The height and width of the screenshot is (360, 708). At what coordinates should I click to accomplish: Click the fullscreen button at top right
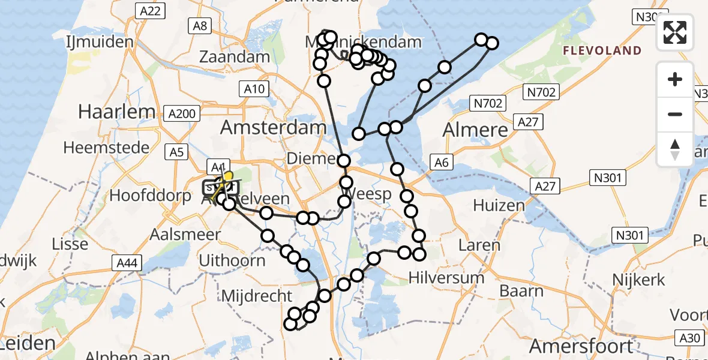tap(675, 32)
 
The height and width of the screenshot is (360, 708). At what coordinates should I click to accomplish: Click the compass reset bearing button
tap(675, 149)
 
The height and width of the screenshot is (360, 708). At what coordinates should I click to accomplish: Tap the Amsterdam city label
tap(274, 127)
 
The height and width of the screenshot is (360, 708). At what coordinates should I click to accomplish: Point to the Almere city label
tap(475, 130)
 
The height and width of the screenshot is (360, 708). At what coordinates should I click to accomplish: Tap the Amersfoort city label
tap(581, 346)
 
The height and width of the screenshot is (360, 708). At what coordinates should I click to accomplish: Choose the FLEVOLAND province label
tap(602, 51)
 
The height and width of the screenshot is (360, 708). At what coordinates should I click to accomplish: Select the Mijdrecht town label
tap(257, 296)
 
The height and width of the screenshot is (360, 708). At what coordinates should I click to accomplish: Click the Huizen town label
tap(499, 205)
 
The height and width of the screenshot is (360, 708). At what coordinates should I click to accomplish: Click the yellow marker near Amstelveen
tap(227, 178)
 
